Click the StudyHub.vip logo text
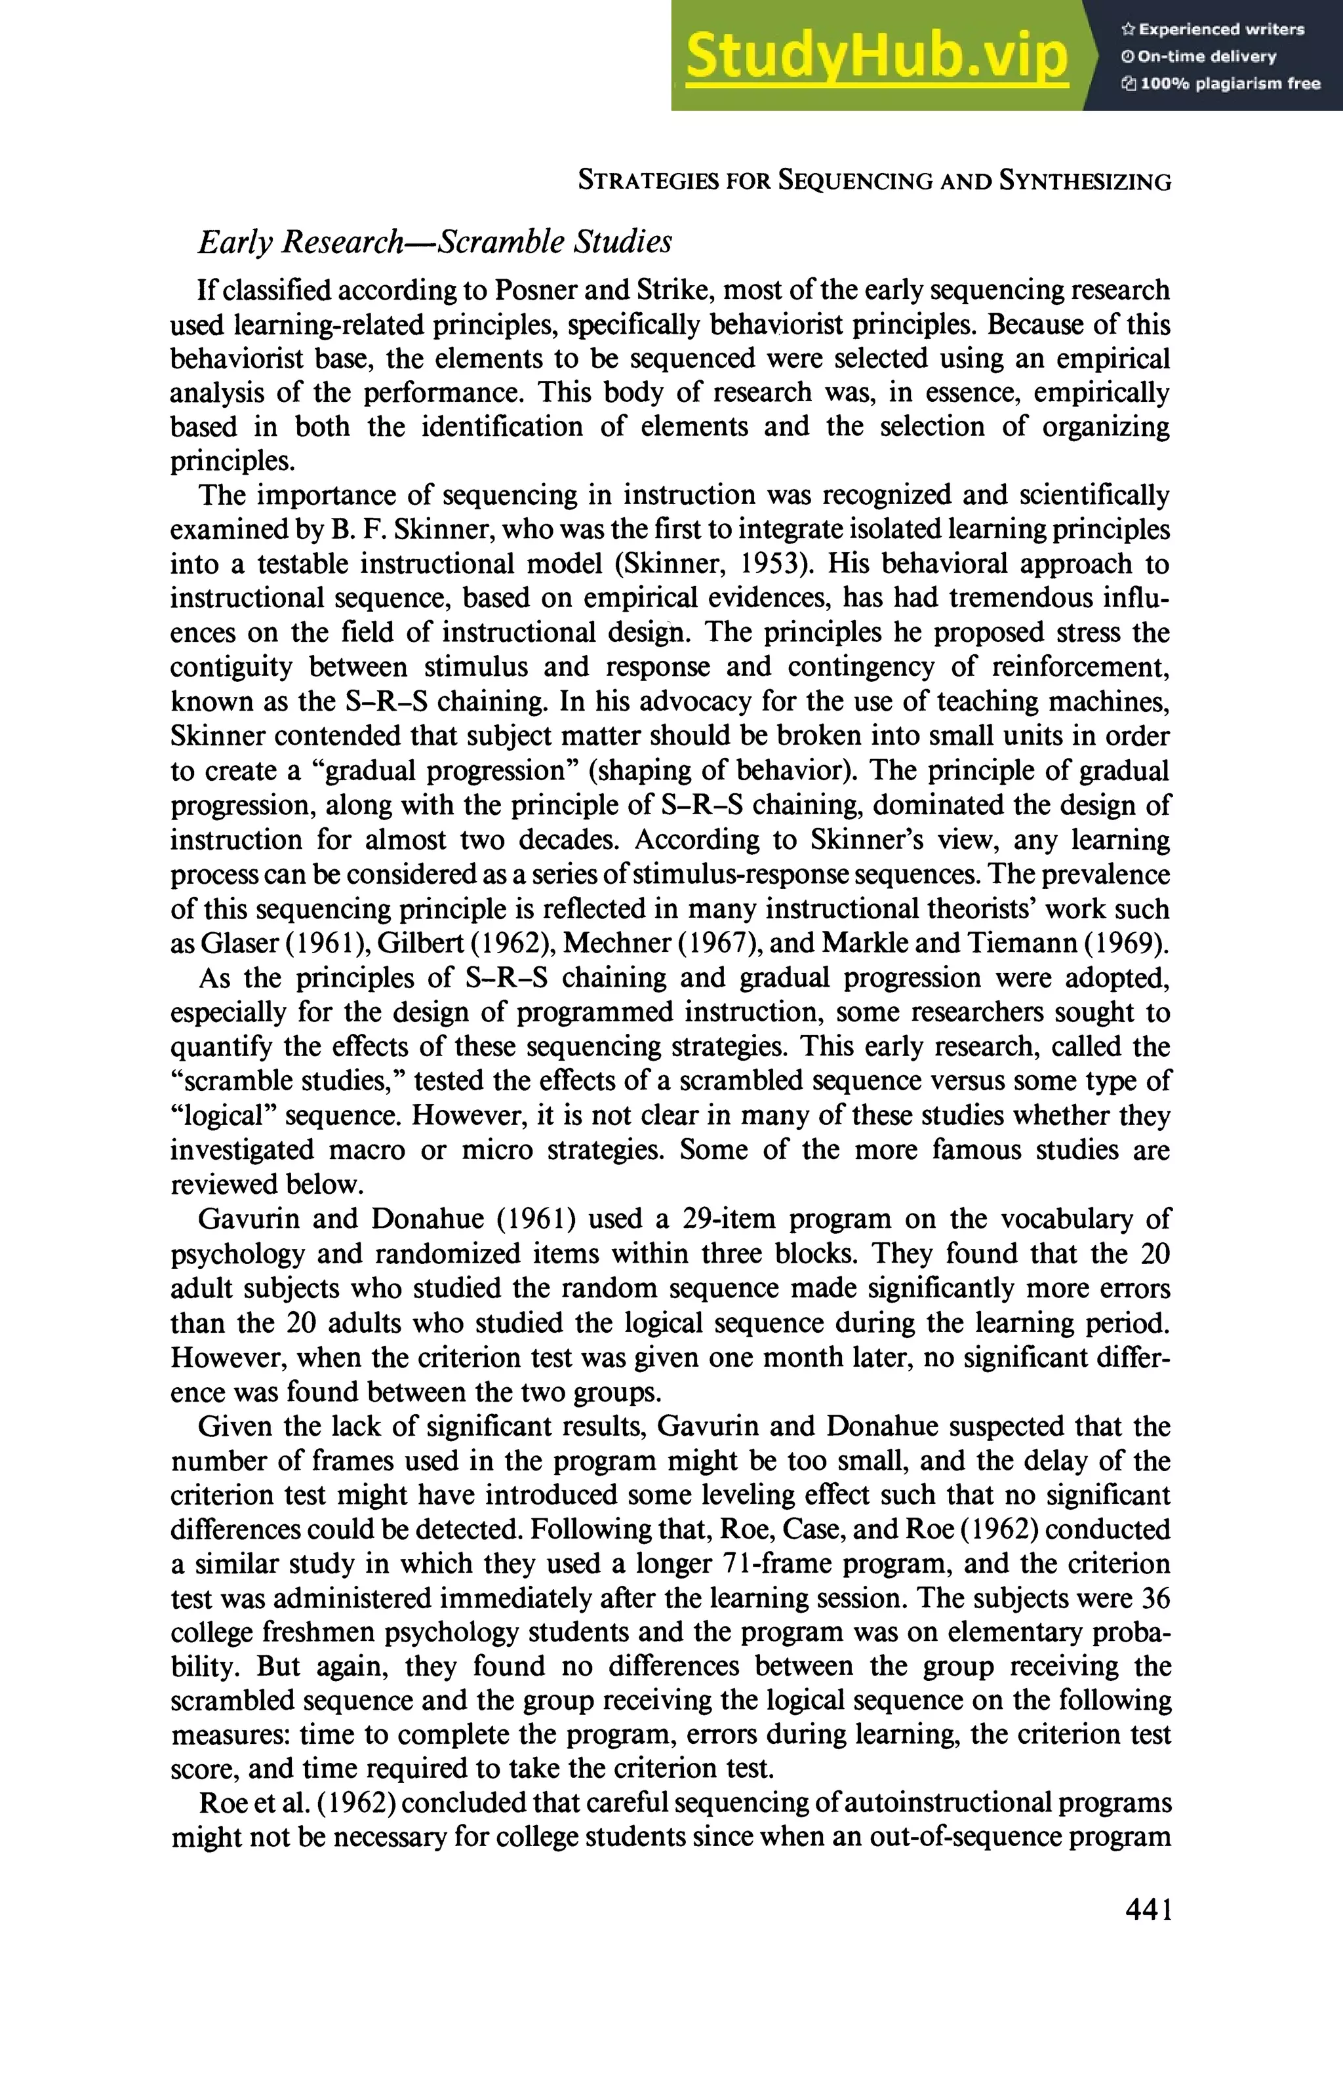click(877, 56)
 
